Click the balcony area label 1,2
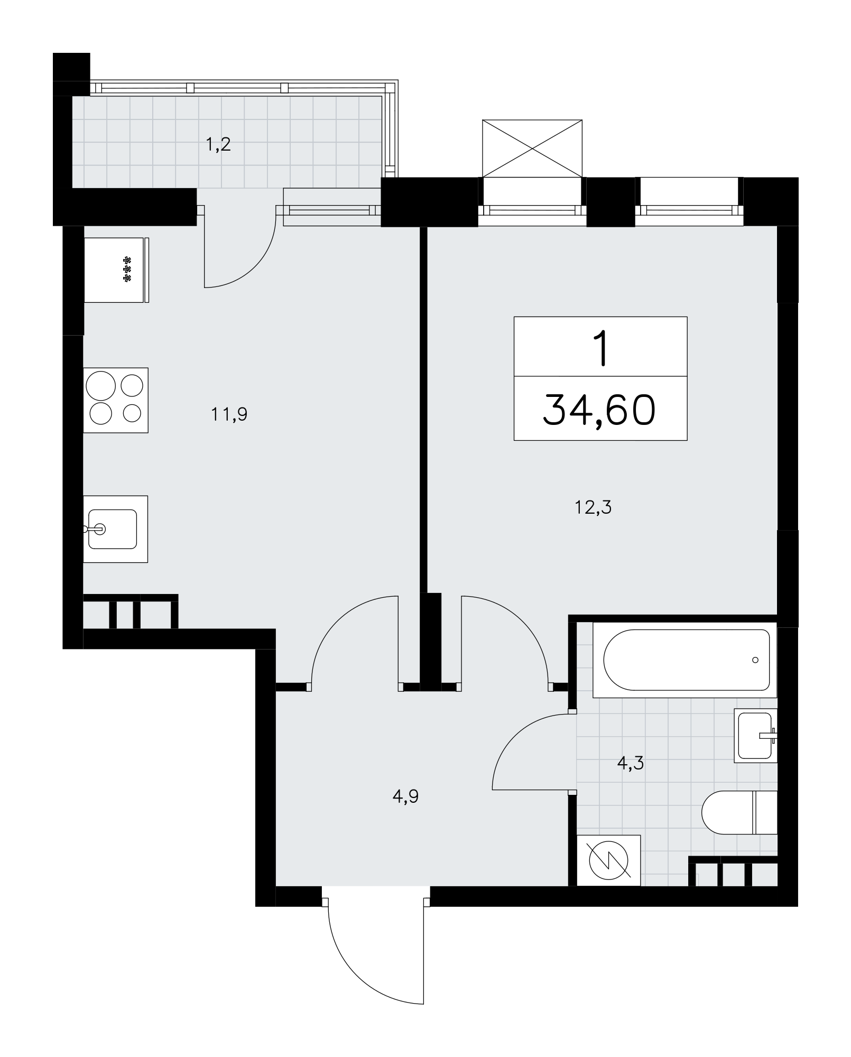pyautogui.click(x=218, y=144)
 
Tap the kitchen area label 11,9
pyautogui.click(x=229, y=414)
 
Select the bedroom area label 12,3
pyautogui.click(x=593, y=507)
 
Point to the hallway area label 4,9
pyautogui.click(x=405, y=796)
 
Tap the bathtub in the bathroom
pyautogui.click(x=685, y=660)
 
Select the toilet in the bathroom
pyautogui.click(x=739, y=812)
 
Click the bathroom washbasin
pyautogui.click(x=756, y=736)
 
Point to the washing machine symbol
pyautogui.click(x=608, y=860)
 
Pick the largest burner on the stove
pyautogui.click(x=101, y=386)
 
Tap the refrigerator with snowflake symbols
pyautogui.click(x=116, y=270)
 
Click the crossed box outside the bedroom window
pyautogui.click(x=532, y=149)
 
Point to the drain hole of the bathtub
pyautogui.click(x=755, y=660)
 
